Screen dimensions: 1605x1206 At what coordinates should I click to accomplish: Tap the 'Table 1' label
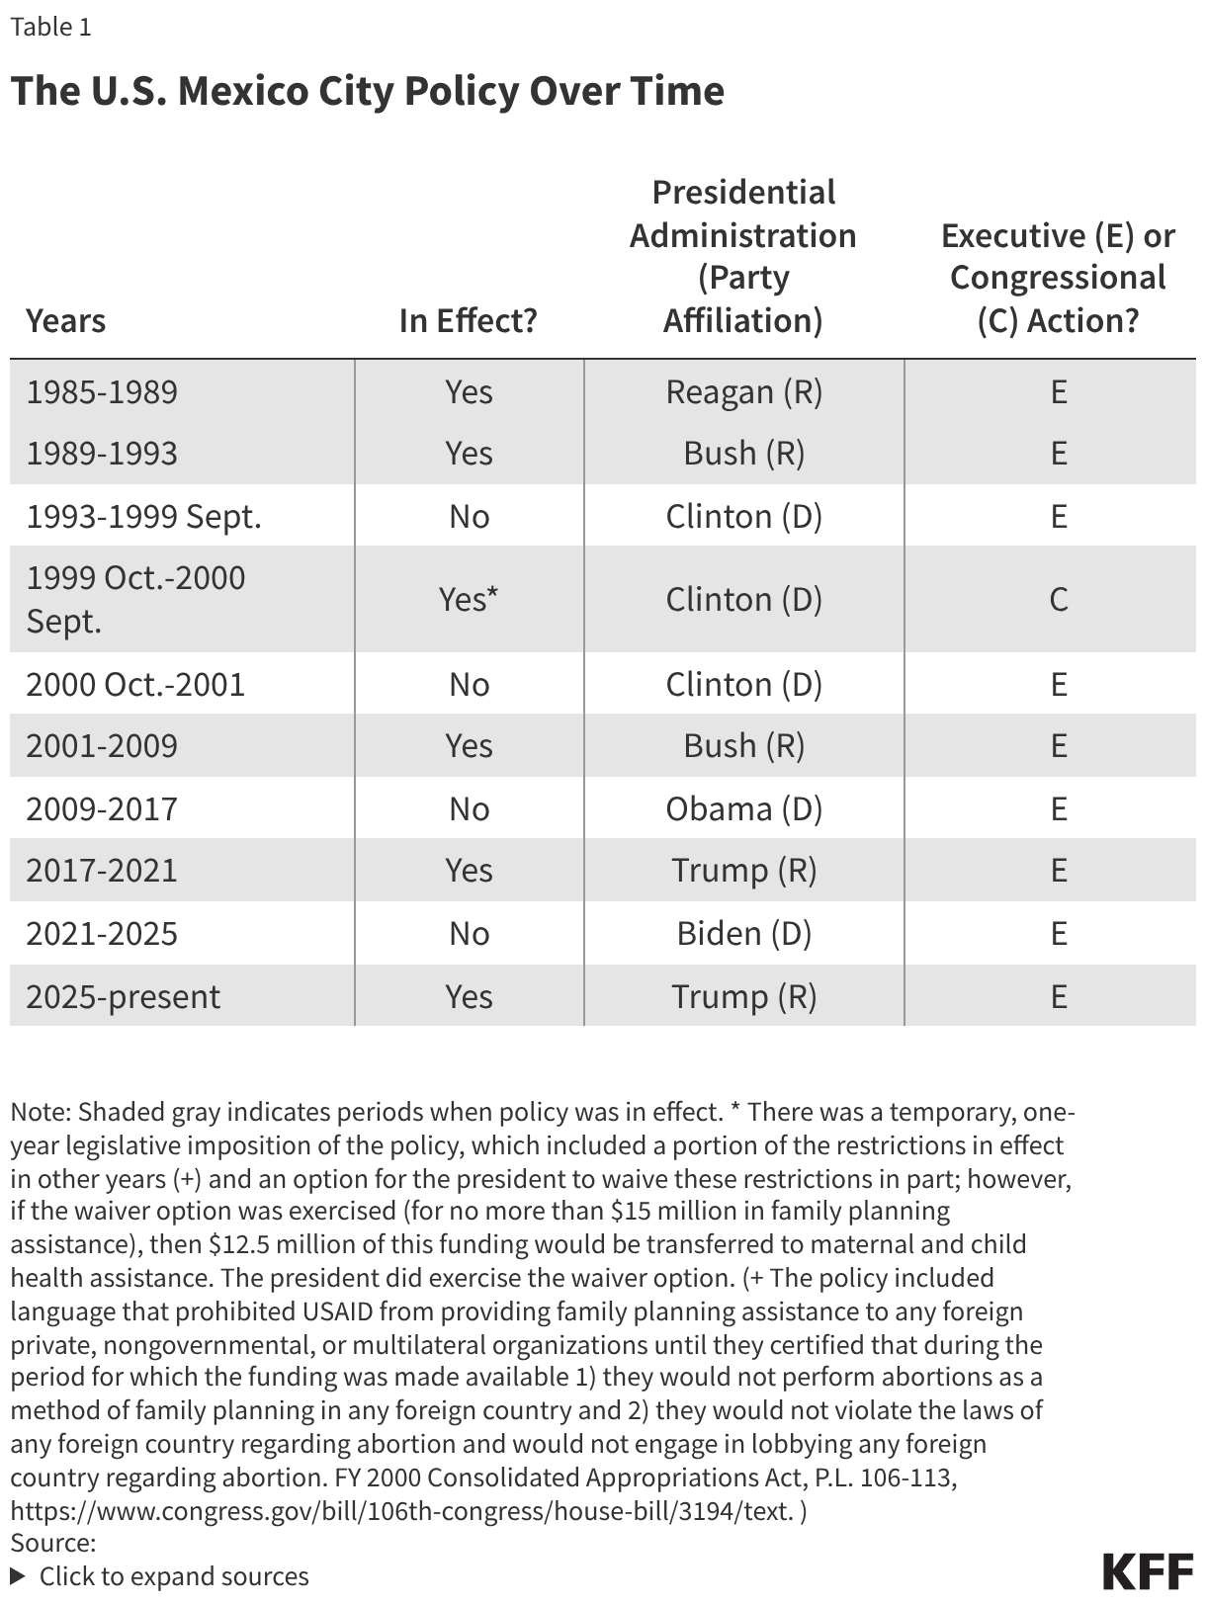[x=50, y=27]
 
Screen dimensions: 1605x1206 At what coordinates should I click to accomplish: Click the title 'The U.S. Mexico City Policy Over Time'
[x=367, y=91]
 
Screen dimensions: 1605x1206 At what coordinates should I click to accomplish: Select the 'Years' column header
[x=65, y=321]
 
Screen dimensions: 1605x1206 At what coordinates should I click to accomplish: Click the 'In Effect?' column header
[x=468, y=321]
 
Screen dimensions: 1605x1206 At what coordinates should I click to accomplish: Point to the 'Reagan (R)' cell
[x=743, y=392]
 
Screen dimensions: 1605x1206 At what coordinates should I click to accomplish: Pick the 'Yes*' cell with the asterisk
[x=468, y=599]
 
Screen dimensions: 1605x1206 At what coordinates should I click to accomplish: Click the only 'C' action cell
[x=1058, y=599]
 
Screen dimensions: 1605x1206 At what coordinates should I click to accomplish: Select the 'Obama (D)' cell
[x=743, y=809]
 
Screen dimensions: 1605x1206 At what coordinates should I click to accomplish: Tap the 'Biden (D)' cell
[x=743, y=934]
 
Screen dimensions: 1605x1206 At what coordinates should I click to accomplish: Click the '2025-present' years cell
[x=123, y=996]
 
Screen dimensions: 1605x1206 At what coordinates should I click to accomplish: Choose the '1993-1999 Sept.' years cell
[x=143, y=517]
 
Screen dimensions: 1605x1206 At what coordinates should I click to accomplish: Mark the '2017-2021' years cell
[x=102, y=871]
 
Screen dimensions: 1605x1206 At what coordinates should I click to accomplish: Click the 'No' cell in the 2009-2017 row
[x=469, y=809]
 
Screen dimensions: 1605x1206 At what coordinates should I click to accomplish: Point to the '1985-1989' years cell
[x=102, y=392]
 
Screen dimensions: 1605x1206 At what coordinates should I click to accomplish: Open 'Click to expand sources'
[x=173, y=1576]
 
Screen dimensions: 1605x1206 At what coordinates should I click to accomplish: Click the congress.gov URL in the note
[x=401, y=1511]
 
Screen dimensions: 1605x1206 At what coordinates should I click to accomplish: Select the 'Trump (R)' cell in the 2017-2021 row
[x=743, y=871]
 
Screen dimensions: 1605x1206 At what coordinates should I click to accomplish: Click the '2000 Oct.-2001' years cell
[x=135, y=685]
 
